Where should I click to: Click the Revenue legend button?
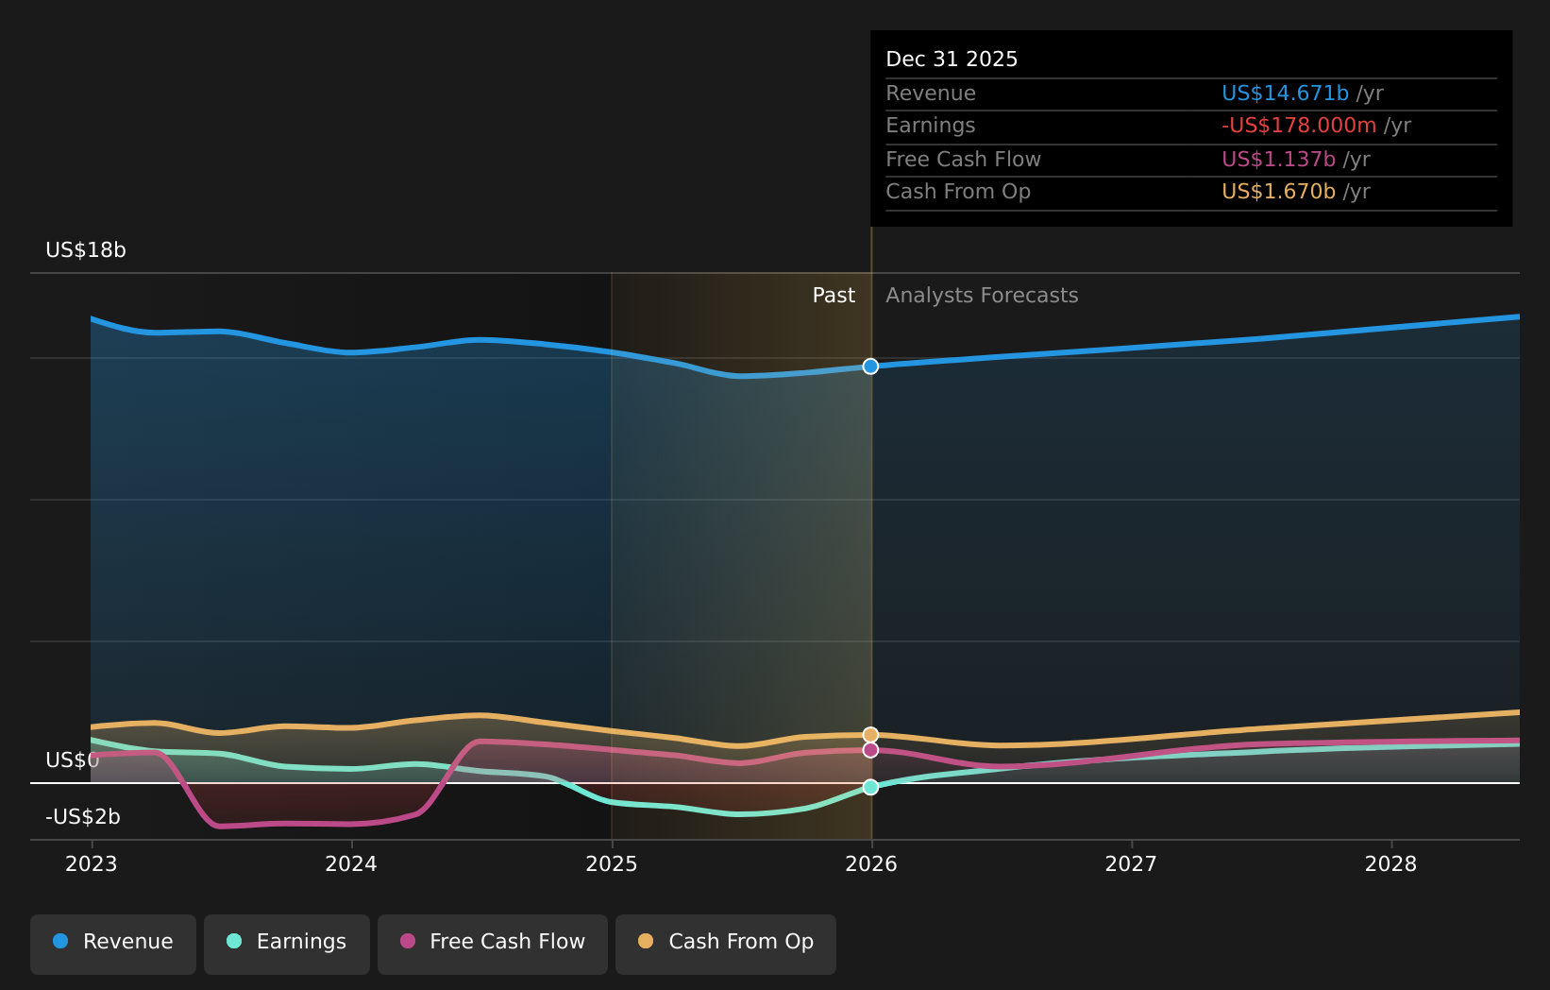(113, 942)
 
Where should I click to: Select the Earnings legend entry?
(287, 942)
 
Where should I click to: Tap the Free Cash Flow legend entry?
(493, 942)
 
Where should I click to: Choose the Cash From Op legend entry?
(726, 942)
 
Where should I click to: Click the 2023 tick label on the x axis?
(92, 864)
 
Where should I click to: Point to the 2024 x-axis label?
(351, 864)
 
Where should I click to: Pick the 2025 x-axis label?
(612, 864)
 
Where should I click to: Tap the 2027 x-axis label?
(1131, 864)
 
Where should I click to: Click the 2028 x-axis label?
(1390, 864)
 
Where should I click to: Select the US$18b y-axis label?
(86, 250)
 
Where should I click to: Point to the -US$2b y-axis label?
(83, 817)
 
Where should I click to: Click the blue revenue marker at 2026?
(870, 367)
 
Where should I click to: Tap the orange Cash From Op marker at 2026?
(870, 735)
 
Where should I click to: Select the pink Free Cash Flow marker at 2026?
(870, 750)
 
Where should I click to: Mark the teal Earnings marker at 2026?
(870, 787)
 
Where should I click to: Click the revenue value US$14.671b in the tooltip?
(1285, 94)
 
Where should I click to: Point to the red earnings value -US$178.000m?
(1299, 126)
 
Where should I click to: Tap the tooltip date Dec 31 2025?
(952, 60)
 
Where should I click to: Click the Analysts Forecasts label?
(982, 296)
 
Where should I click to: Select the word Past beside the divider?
(834, 296)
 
